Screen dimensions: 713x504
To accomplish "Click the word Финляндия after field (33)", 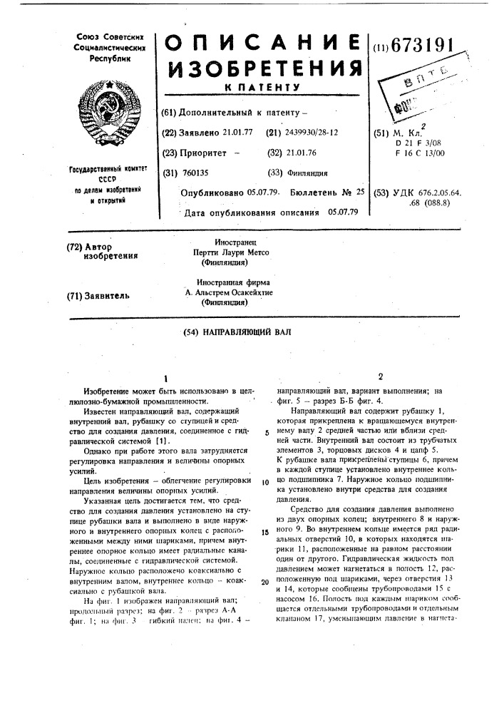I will pyautogui.click(x=308, y=173).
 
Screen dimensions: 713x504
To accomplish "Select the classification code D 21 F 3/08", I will pyautogui.click(x=428, y=143).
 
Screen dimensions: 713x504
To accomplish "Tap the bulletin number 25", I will pyautogui.click(x=359, y=192).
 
